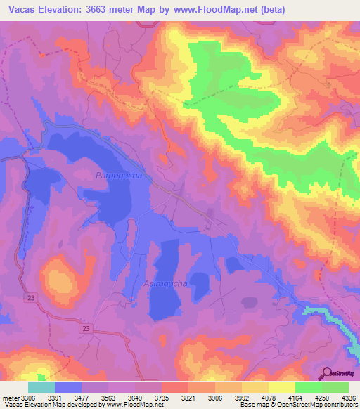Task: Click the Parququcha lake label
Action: tap(119, 176)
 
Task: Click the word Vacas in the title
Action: tap(20, 9)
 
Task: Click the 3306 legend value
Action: tap(29, 398)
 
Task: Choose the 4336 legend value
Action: tap(347, 398)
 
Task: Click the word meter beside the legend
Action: tap(11, 398)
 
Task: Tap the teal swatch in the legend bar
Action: tap(41, 387)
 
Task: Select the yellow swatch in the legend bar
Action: tap(282, 387)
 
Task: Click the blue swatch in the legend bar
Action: tap(68, 387)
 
